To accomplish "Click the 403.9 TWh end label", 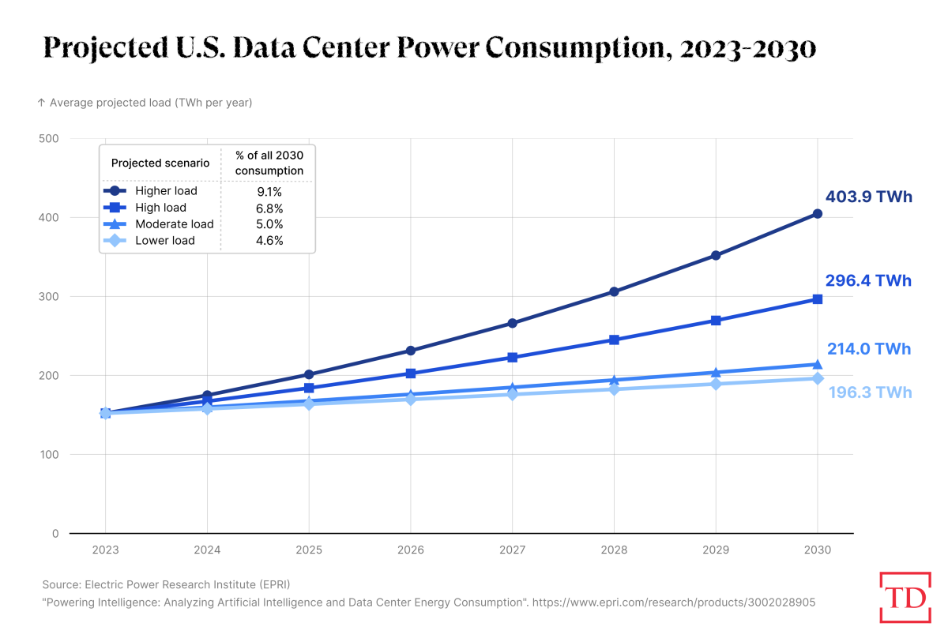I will [x=868, y=197].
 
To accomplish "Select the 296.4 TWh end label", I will [x=868, y=280].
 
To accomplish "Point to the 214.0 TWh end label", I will [x=868, y=349].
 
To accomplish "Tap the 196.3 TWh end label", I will [x=870, y=392].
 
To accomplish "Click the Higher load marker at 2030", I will [x=818, y=214].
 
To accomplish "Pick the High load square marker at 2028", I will [x=614, y=340].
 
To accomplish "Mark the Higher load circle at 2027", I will [x=512, y=323].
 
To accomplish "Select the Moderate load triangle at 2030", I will [x=818, y=364].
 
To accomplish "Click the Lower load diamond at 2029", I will [x=716, y=384].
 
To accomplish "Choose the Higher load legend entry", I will [x=166, y=190].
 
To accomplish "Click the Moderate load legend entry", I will [x=174, y=224].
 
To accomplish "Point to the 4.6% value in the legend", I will [x=269, y=241].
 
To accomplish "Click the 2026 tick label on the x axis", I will [x=410, y=550].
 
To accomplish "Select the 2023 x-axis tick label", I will [x=105, y=550].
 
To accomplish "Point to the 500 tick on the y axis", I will [x=49, y=138].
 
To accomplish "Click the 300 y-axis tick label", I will [x=49, y=296].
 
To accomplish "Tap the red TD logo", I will [x=905, y=597].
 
